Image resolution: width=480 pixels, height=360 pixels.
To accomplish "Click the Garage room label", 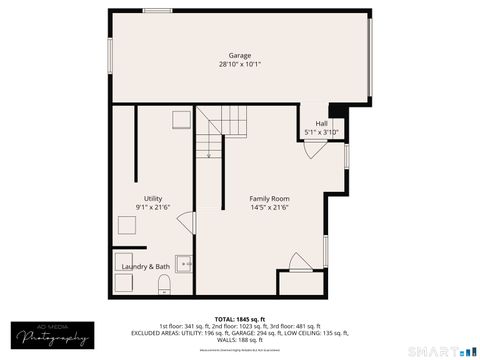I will coord(240,55).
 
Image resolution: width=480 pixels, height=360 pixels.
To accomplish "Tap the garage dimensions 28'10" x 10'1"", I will coord(240,65).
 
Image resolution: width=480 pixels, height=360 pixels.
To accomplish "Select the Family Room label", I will coord(269,199).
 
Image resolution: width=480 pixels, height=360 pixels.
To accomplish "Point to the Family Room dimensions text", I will coord(269,208).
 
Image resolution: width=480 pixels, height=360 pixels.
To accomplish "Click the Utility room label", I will coord(153,198).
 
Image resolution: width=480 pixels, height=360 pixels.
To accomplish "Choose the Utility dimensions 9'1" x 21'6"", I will coord(153,208).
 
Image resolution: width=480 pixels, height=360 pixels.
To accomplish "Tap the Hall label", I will coord(321,123).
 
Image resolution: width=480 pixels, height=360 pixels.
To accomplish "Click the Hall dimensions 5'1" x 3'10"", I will coord(321,132).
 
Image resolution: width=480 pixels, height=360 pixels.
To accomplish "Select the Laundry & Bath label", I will coord(146,267).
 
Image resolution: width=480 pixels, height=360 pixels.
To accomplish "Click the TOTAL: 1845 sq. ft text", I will coord(240,318).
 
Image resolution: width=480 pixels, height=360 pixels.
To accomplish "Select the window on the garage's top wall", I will coord(157,11).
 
